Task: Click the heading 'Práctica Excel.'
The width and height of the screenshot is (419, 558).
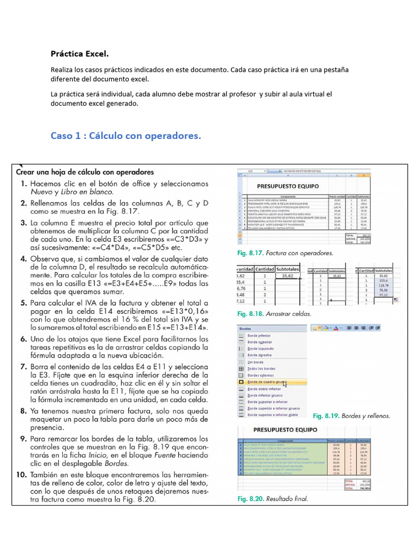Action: (x=80, y=54)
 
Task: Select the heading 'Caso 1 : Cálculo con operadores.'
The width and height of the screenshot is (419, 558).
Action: (x=125, y=136)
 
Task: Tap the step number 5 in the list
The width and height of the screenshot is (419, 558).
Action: (x=24, y=302)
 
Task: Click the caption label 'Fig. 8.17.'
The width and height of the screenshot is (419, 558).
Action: (x=251, y=253)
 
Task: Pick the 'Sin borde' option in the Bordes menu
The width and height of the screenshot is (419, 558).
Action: (x=256, y=362)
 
